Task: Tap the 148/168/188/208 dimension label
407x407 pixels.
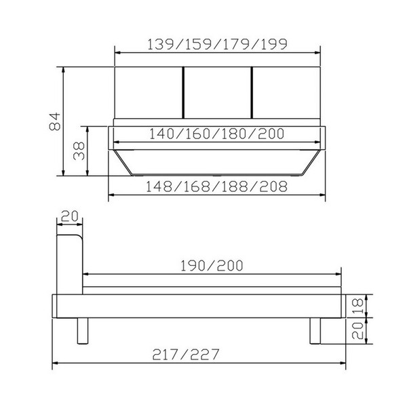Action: [218, 186]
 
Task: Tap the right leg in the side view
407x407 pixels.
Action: [317, 330]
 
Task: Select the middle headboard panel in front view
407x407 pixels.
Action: [218, 92]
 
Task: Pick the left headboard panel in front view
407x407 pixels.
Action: [149, 92]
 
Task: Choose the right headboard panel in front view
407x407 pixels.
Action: [286, 92]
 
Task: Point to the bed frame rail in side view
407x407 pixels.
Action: [203, 306]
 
